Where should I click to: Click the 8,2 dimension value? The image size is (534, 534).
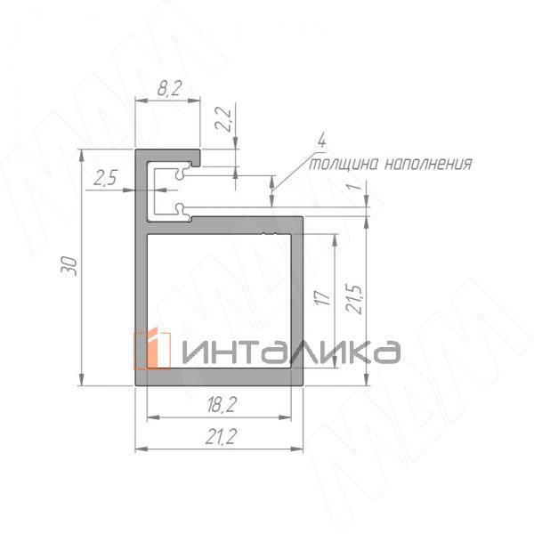167,90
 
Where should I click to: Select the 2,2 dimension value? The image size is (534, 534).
224,119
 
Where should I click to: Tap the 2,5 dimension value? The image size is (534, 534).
104,177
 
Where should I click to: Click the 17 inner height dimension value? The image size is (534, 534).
323,296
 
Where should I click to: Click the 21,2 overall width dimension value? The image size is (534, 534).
219,435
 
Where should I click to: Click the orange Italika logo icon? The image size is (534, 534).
152,349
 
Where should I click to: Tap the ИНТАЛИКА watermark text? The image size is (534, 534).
291,351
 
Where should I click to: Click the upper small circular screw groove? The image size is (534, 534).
182,175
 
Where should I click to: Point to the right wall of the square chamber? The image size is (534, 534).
297,303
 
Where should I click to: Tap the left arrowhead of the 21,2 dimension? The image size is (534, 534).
140,449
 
